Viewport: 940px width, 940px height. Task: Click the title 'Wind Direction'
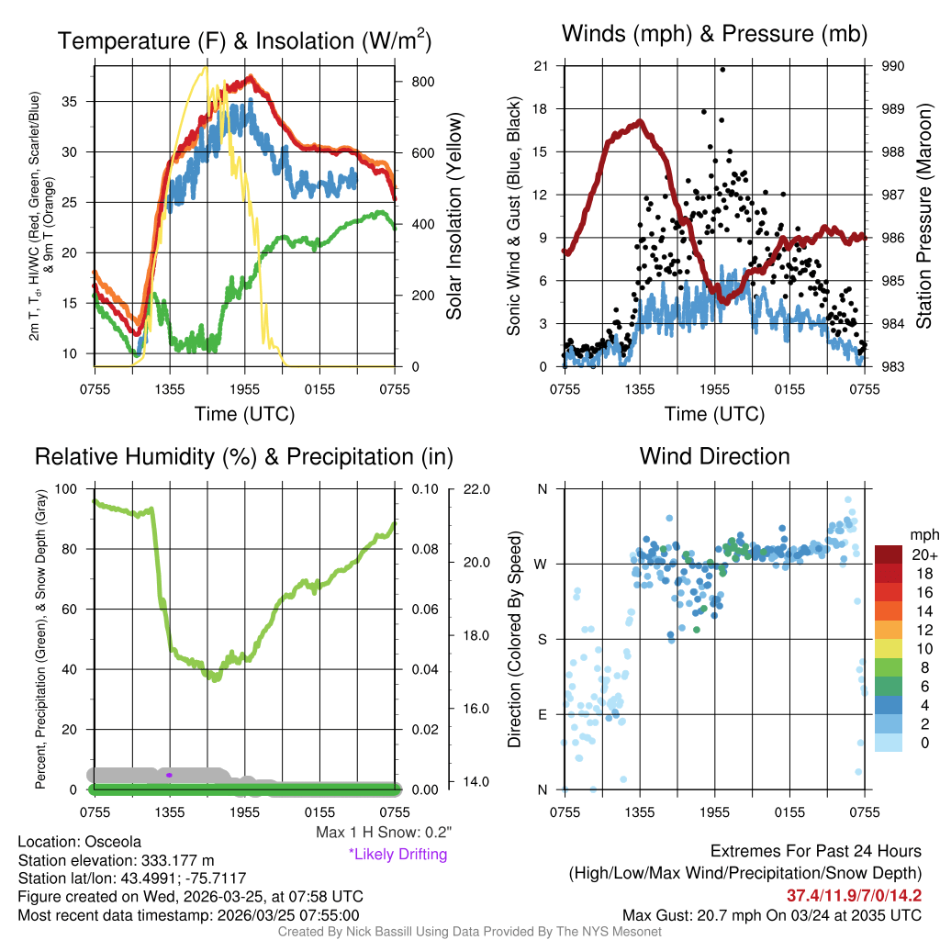(714, 456)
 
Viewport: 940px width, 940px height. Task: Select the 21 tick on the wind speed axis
(542, 66)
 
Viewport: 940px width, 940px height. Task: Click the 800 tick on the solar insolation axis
(423, 82)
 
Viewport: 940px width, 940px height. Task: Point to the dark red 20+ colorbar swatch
(890, 554)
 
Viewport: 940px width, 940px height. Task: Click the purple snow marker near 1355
(169, 775)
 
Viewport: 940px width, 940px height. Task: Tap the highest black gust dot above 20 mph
(722, 70)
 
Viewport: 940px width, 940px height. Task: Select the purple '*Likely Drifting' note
(397, 854)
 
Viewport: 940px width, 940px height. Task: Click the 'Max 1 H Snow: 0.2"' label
(384, 833)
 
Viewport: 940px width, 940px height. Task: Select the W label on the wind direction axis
(542, 565)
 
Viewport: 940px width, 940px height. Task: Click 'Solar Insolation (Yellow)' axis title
(454, 217)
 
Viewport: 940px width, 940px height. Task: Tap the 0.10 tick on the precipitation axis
(423, 489)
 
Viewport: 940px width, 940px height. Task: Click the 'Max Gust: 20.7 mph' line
(772, 914)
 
